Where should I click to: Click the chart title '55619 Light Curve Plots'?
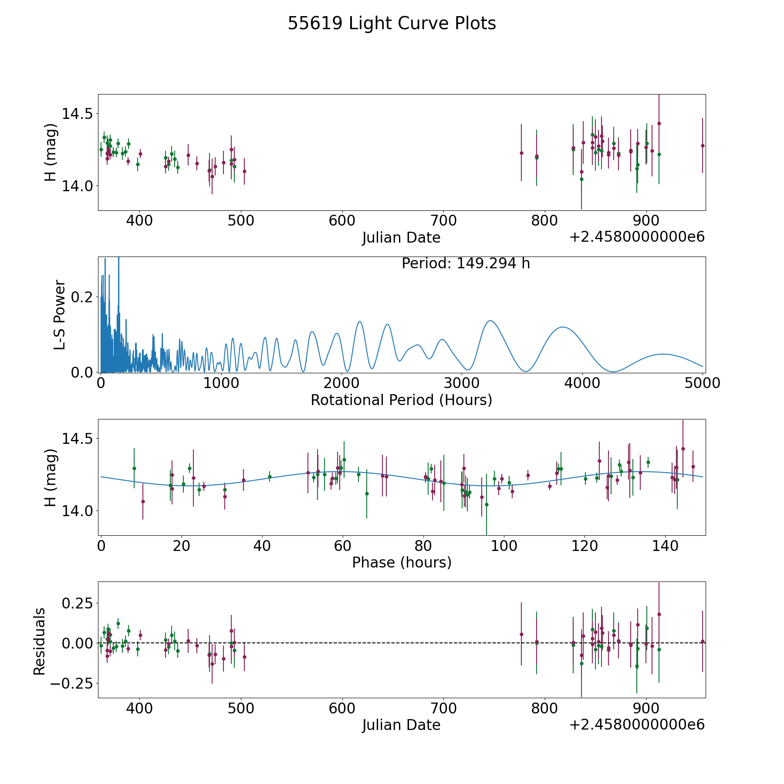click(x=392, y=24)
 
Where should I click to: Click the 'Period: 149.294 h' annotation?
click(x=466, y=264)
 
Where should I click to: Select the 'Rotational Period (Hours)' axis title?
click(x=401, y=400)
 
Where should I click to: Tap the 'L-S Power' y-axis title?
click(x=60, y=314)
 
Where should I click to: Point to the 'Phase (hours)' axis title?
click(x=402, y=562)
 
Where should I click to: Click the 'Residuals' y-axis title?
click(x=40, y=641)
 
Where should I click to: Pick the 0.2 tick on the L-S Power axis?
click(x=82, y=297)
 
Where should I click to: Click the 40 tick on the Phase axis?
click(x=262, y=545)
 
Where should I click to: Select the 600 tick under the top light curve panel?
click(x=342, y=220)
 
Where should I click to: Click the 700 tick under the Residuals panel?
click(x=443, y=708)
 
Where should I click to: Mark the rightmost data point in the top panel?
click(x=702, y=145)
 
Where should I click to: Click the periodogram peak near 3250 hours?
click(x=490, y=321)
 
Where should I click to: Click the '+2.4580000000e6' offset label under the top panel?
click(x=637, y=237)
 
